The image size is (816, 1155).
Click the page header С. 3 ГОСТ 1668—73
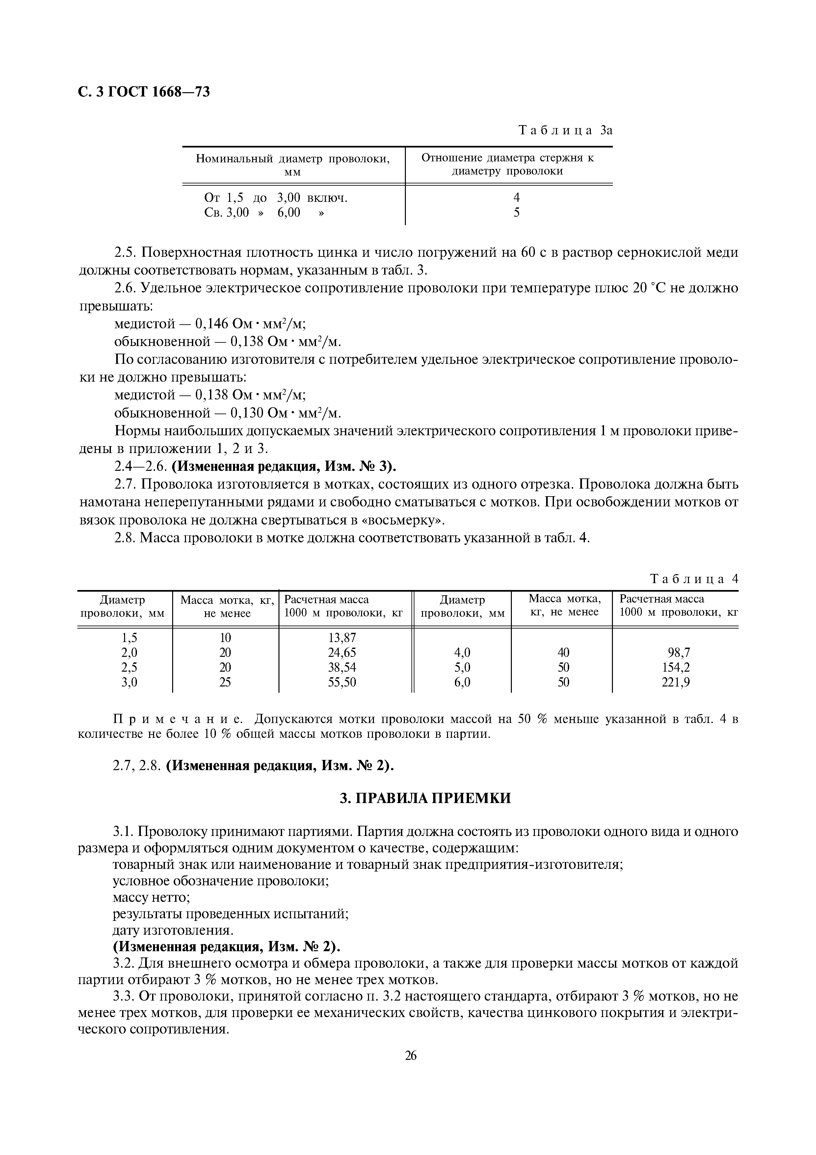click(x=144, y=92)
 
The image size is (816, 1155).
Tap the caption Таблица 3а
click(x=565, y=130)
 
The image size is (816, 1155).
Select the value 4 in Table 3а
click(x=516, y=198)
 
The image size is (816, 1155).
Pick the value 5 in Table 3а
click(x=516, y=213)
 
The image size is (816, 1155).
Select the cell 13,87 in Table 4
click(x=342, y=638)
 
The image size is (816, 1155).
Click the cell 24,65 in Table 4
click(x=342, y=653)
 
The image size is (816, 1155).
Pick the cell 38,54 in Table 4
click(x=342, y=667)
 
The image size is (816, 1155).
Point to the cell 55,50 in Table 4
click(x=342, y=682)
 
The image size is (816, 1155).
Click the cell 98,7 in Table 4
click(x=679, y=653)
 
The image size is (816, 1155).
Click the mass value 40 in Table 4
click(x=564, y=653)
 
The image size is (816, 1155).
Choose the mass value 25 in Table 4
click(x=225, y=682)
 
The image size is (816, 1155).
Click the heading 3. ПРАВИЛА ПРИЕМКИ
click(x=425, y=798)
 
